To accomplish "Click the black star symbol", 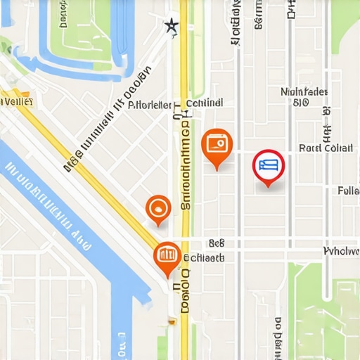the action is point(171,27).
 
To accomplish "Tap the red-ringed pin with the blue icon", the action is point(268,167).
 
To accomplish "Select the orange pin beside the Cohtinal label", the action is point(216,146).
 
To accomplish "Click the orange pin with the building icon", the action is point(167,256).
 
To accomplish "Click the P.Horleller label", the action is point(150,105).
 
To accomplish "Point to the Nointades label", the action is point(304,92).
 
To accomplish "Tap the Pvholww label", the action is point(341,251).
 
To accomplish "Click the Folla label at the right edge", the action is point(348,191).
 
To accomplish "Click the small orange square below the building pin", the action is point(171,321).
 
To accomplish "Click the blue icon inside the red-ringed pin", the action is point(268,165).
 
